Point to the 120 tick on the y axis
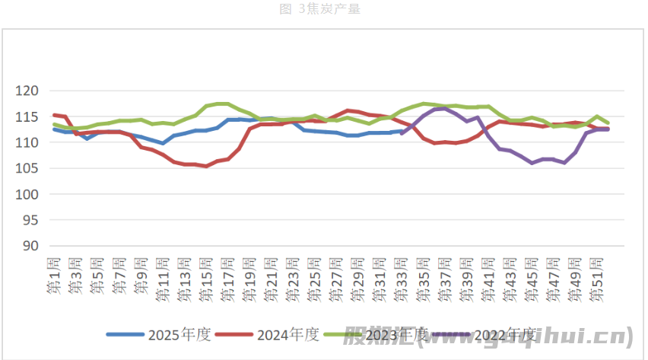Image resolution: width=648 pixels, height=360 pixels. point(27,91)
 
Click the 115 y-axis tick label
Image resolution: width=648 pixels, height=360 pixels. point(27,117)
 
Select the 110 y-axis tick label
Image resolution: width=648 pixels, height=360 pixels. point(27,143)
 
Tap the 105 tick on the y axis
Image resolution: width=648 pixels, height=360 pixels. point(27,169)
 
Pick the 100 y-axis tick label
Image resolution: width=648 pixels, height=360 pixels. point(27,195)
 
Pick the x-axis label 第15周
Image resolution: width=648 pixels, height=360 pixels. point(206,274)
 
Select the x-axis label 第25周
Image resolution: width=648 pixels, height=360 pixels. point(315,274)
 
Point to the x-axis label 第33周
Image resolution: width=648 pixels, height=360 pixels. point(402,274)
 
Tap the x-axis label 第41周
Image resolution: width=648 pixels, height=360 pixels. point(488,274)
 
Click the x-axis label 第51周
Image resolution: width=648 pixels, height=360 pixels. point(597,274)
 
